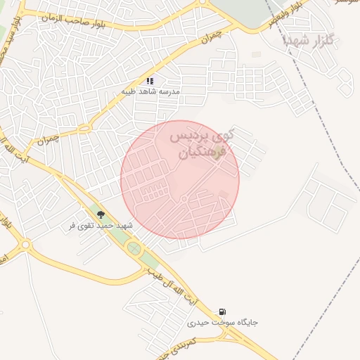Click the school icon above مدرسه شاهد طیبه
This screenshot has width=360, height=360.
pos(150,81)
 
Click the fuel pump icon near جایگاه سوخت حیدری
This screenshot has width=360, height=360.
pos(223,311)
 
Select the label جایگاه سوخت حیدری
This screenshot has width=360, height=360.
pos(222,323)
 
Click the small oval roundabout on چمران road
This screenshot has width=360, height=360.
pos(84,128)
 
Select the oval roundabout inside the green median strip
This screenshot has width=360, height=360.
pos(134,248)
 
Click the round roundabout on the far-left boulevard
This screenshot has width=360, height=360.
pos(26,245)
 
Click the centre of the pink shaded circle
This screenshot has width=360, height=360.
pos(180,180)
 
